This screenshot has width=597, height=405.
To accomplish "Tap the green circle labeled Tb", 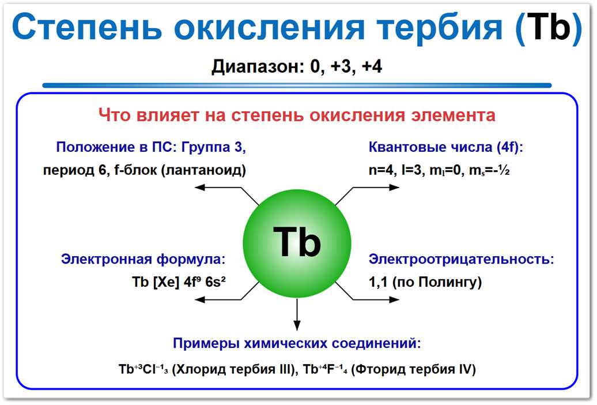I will [297, 242].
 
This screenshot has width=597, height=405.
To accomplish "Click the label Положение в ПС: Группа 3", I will [151, 147].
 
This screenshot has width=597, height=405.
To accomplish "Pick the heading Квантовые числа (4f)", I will [445, 147].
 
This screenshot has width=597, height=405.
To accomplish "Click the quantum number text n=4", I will [381, 171].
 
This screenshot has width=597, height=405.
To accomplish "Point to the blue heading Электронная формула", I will [143, 259].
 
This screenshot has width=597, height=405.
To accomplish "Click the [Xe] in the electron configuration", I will [168, 283].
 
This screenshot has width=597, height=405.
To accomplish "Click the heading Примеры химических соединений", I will [297, 344].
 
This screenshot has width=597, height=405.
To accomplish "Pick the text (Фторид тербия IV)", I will [413, 369].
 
